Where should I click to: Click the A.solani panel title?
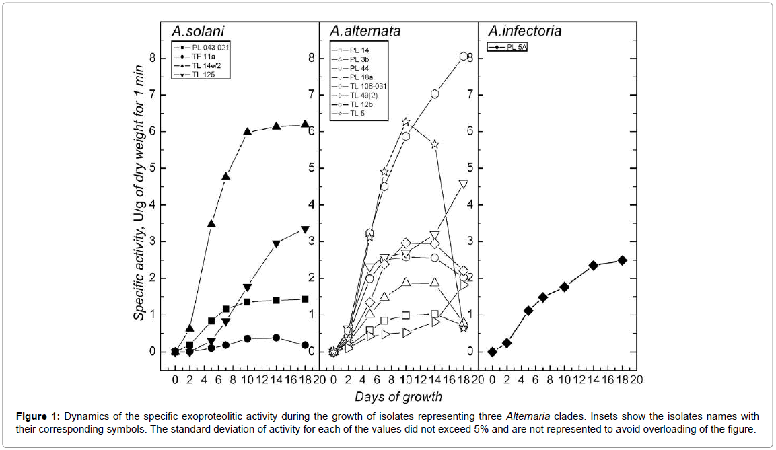coord(198,31)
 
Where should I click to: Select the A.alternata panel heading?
coord(365,31)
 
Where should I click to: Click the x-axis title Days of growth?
coord(398,396)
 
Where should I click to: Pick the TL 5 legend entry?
coord(356,114)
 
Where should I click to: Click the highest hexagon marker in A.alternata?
coord(464,57)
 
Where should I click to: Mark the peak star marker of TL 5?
coord(406,122)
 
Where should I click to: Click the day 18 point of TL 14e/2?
coord(305,124)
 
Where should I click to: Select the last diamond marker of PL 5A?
coord(622,260)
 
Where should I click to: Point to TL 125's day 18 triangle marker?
coord(305,230)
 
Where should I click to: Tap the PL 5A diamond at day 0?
coord(492,352)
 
